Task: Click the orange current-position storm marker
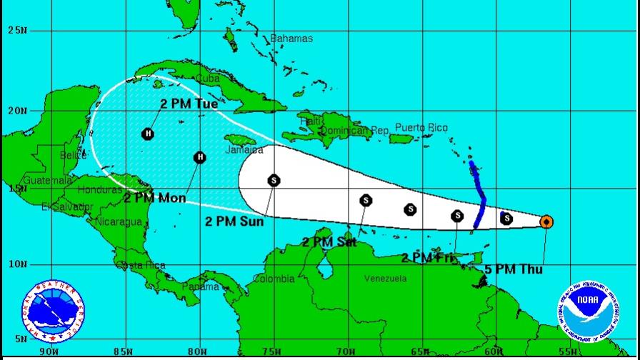[546, 221]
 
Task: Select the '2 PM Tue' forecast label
[189, 104]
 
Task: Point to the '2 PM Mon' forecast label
[155, 198]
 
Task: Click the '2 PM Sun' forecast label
[234, 221]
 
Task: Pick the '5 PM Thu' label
[513, 270]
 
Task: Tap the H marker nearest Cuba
[148, 134]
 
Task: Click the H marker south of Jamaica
[200, 157]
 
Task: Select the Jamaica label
[244, 150]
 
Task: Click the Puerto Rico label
[421, 128]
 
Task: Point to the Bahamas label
[291, 38]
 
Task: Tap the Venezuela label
[386, 279]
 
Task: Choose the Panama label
[201, 286]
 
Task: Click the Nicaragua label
[121, 221]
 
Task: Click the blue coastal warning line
[480, 196]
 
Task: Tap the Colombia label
[274, 279]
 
